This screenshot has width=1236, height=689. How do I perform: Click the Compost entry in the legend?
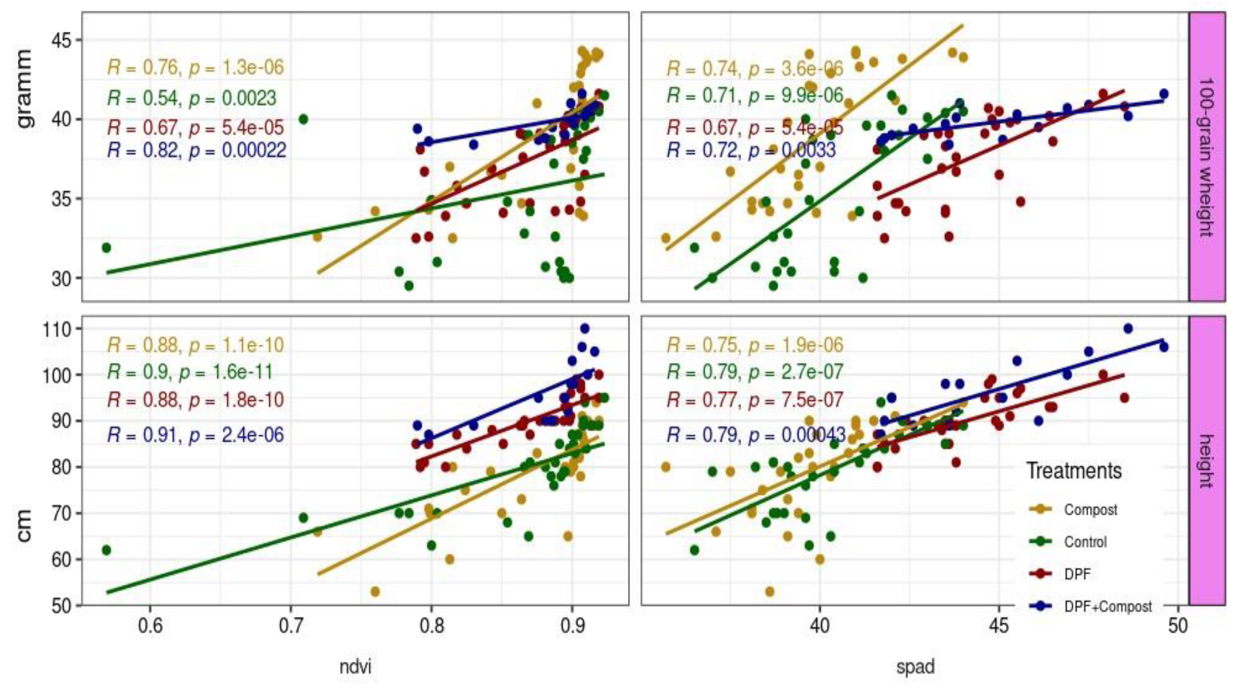coord(1090,509)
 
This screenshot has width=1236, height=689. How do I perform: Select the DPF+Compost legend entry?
coord(1107,607)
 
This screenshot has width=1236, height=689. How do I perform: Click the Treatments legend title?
coord(1074,471)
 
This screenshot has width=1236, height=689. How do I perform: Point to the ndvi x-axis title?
coord(355,667)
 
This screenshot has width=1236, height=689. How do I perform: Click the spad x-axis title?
coord(915,667)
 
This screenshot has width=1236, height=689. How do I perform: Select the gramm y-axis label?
coord(24,89)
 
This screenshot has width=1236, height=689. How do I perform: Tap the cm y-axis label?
coord(24,526)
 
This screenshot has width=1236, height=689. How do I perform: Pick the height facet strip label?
coord(1206,461)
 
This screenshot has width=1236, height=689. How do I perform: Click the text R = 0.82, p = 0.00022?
coord(197,151)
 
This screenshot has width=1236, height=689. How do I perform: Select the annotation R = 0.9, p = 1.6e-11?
coord(190,372)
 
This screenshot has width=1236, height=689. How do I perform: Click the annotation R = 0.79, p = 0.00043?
coord(756,435)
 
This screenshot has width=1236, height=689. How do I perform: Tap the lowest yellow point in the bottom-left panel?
coord(375,591)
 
